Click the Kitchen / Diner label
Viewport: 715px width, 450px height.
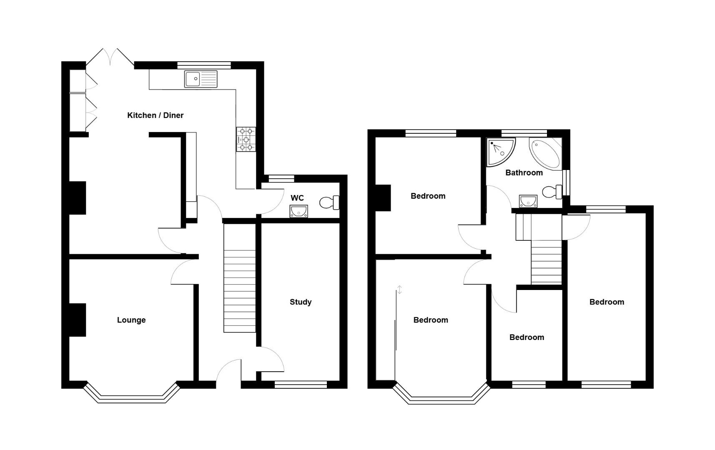(155, 115)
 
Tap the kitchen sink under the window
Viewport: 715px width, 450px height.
(201, 79)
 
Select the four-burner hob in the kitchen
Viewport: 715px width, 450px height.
(246, 139)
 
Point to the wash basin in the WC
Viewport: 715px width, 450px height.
(299, 211)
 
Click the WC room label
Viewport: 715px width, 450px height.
(297, 198)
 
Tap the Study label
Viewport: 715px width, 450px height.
(301, 302)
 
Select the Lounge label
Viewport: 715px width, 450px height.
(131, 320)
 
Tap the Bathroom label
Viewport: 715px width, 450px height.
(524, 172)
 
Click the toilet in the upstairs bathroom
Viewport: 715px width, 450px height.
(553, 192)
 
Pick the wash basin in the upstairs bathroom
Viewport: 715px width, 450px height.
(528, 201)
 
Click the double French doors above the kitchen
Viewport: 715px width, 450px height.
(110, 57)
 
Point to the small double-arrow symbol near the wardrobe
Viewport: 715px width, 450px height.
(399, 290)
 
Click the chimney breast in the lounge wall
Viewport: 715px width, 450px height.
(78, 320)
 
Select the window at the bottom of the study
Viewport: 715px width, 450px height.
(301, 385)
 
